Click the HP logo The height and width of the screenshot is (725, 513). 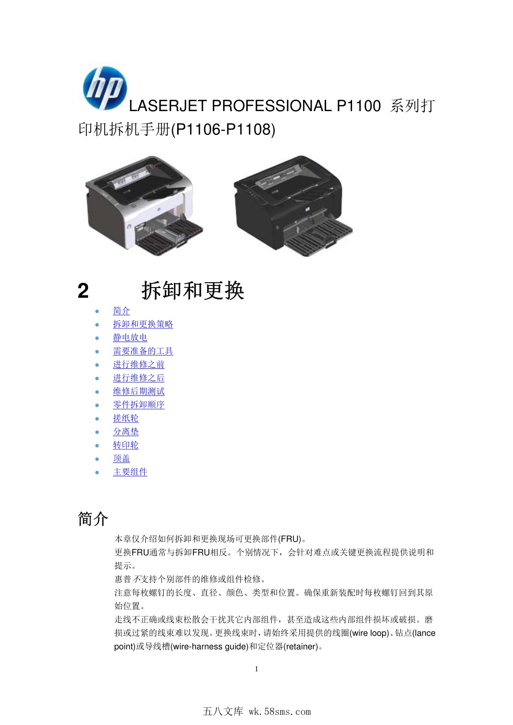[105, 88]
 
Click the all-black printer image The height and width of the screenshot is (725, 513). [292, 205]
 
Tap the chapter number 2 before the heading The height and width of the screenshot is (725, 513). [83, 291]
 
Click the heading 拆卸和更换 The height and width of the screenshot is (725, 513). [193, 291]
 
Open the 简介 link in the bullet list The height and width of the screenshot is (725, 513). [122, 311]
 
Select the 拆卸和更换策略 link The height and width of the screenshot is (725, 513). [143, 324]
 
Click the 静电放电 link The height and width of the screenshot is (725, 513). [130, 338]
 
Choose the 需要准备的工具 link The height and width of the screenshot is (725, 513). [143, 351]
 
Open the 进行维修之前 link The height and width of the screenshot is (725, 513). [138, 365]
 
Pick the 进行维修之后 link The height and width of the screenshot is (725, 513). [138, 378]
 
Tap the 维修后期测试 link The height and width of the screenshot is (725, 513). [138, 392]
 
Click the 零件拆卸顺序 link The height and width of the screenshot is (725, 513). [138, 405]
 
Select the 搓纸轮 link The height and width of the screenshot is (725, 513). [125, 418]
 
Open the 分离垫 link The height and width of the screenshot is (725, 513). [125, 432]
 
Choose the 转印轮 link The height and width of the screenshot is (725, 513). [125, 445]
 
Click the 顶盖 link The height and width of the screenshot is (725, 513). [122, 459]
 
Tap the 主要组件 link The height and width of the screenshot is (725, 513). [130, 472]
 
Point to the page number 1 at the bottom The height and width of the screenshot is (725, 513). [256, 669]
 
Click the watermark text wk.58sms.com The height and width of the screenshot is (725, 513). [280, 712]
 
